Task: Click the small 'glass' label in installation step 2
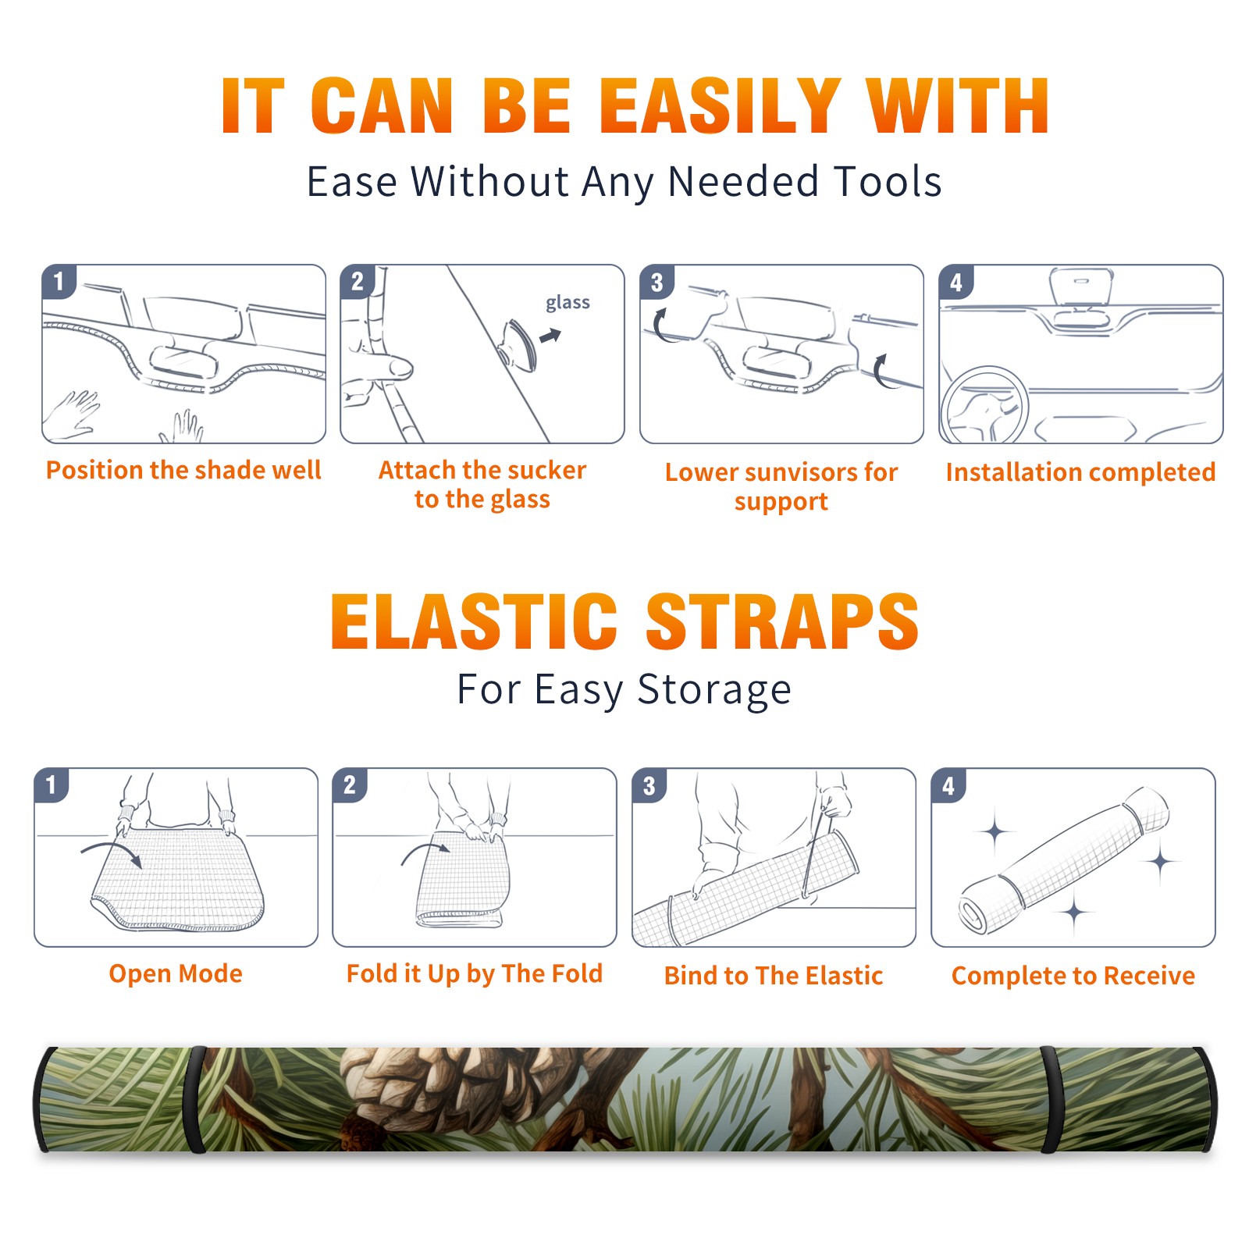click(568, 303)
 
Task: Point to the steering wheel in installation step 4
click(984, 405)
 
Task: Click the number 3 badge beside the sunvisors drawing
click(657, 282)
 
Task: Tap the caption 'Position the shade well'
click(183, 470)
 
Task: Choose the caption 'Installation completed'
click(1080, 471)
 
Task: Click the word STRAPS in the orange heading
click(782, 621)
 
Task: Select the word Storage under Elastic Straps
click(714, 690)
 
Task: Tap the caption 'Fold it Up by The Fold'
click(475, 973)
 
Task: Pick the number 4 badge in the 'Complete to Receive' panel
click(948, 785)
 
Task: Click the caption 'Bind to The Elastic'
click(774, 976)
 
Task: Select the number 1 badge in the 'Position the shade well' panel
click(59, 281)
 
